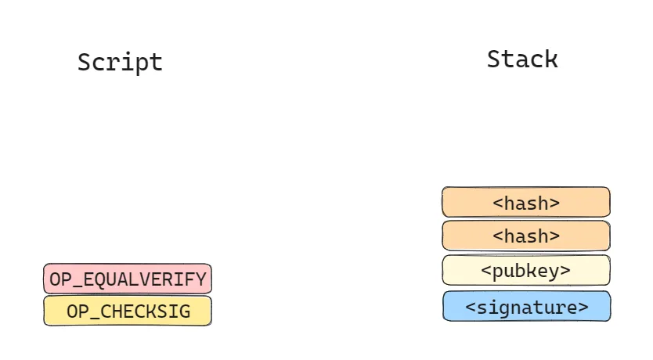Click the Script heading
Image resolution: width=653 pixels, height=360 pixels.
(x=120, y=63)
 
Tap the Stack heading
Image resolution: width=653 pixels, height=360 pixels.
(x=522, y=59)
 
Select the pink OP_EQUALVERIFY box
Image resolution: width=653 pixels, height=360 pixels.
(x=128, y=279)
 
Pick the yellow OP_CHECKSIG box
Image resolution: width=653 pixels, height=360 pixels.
(x=128, y=311)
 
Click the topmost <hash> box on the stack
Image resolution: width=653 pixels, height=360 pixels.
(x=526, y=202)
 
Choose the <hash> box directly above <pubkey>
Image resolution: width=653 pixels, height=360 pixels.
(x=526, y=236)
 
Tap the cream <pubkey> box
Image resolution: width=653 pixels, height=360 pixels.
(x=526, y=270)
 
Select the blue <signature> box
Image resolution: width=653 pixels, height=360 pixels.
(x=526, y=306)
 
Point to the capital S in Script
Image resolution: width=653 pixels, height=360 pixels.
(x=84, y=63)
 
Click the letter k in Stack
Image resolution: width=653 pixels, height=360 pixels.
(x=551, y=59)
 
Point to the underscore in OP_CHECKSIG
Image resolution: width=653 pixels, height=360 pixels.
(x=95, y=319)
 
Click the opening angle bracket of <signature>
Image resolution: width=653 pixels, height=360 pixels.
(x=471, y=308)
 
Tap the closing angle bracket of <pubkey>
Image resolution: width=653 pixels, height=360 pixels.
(x=565, y=271)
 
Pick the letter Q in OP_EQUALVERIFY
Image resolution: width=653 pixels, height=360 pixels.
(x=100, y=279)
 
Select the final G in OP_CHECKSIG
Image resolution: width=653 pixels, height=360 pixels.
(x=186, y=311)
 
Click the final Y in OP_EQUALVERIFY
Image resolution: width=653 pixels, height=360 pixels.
(x=201, y=279)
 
